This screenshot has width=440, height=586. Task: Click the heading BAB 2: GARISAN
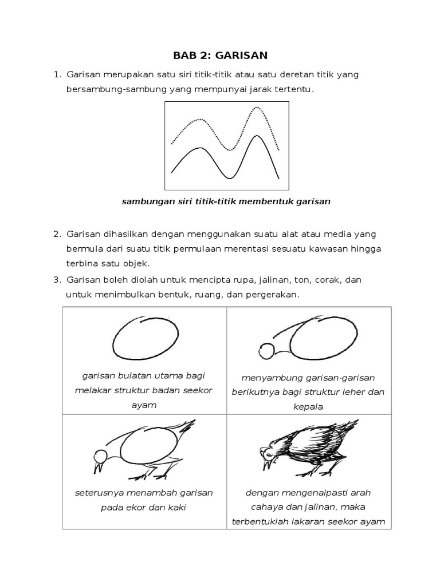(x=221, y=56)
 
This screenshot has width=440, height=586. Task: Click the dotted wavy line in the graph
(x=198, y=120)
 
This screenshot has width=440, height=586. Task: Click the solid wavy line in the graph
(x=198, y=149)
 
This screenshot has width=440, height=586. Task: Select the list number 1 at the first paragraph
(x=56, y=75)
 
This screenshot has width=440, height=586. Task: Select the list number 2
(x=56, y=234)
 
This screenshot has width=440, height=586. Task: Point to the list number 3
(x=56, y=280)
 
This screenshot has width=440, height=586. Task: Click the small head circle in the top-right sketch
(x=266, y=350)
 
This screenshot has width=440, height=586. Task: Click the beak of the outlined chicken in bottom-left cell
(x=98, y=467)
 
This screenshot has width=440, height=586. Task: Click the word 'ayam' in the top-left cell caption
(x=144, y=405)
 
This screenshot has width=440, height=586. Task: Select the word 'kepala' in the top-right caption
(x=308, y=407)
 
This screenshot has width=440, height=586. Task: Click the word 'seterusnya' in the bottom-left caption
(x=98, y=493)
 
